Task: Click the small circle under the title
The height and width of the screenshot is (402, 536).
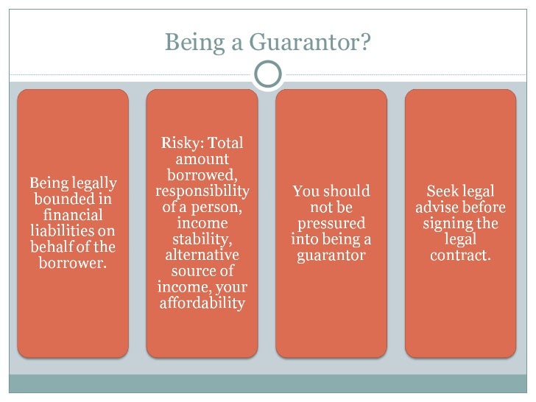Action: point(268,74)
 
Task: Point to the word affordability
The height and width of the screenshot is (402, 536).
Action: point(202,303)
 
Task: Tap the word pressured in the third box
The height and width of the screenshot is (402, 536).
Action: point(331,223)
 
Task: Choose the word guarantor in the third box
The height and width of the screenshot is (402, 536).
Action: point(331,255)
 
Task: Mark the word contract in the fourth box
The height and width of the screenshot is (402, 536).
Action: point(460,255)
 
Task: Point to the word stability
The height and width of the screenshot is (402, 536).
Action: point(202,239)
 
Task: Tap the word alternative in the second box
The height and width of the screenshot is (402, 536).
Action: point(202,255)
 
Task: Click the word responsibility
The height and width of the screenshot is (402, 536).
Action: point(202,191)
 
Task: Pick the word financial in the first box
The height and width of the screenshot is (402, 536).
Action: point(73,215)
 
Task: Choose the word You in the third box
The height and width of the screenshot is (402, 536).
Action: point(306,191)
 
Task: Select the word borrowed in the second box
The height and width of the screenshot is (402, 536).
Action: point(202,174)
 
